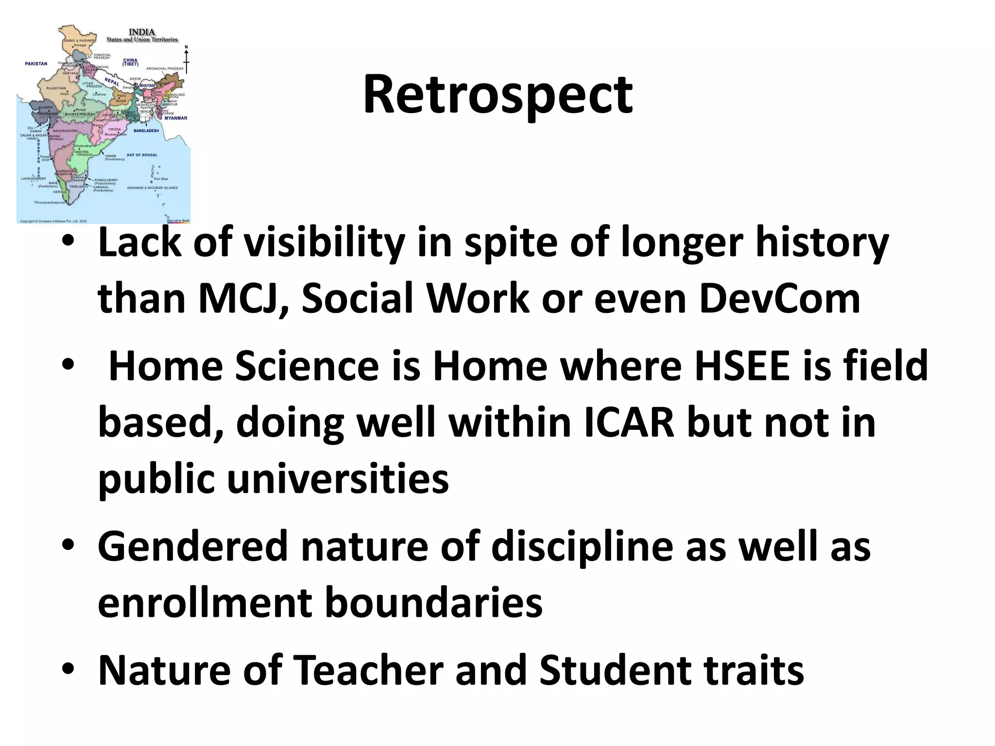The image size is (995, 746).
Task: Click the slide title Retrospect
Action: point(497,95)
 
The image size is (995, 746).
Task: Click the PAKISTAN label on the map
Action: point(36,64)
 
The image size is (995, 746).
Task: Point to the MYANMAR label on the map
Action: point(175,118)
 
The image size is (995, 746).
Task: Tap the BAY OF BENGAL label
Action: point(142,155)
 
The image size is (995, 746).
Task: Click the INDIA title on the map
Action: point(142,33)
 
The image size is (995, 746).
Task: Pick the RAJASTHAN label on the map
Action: point(56,88)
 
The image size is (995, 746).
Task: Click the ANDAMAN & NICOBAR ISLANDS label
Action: point(152,188)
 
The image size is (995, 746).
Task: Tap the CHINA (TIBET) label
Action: point(130,62)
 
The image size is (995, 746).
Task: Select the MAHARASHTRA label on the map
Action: point(65,131)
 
